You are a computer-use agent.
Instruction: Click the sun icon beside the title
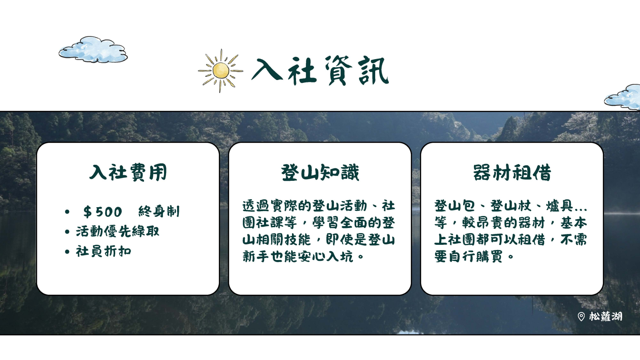click(x=220, y=70)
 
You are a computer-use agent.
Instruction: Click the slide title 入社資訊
click(x=320, y=70)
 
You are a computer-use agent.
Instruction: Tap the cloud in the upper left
click(x=93, y=50)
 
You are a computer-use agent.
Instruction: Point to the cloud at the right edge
click(x=623, y=97)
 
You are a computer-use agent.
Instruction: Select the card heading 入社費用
click(x=128, y=172)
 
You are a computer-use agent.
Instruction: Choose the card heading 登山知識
click(x=320, y=172)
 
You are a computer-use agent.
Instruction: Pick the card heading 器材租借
click(x=512, y=172)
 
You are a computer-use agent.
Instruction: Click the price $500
click(x=102, y=212)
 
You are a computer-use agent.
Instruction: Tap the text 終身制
click(x=159, y=212)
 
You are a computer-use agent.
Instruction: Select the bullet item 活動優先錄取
click(x=118, y=232)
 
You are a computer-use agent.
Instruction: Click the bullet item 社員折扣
click(x=104, y=252)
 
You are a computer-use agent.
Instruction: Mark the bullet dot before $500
click(x=67, y=212)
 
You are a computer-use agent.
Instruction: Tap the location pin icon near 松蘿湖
click(x=581, y=316)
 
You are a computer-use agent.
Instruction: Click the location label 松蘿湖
click(x=606, y=316)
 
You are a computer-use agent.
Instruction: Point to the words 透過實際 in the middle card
click(x=270, y=206)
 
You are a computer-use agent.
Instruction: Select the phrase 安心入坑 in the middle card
click(x=326, y=256)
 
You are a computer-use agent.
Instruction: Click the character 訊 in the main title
click(x=374, y=70)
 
